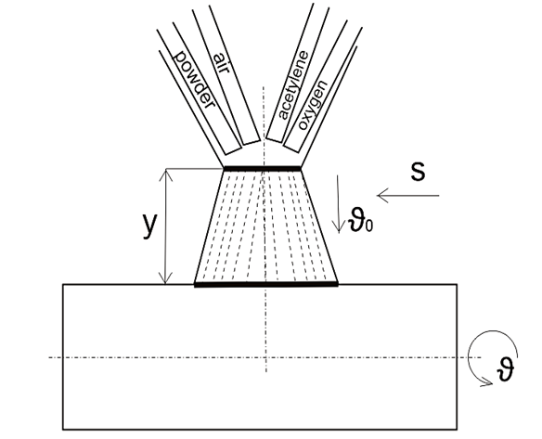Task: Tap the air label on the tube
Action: pyautogui.click(x=221, y=62)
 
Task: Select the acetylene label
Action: pyautogui.click(x=292, y=85)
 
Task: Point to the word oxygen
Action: pyautogui.click(x=312, y=105)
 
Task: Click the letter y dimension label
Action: pyautogui.click(x=149, y=226)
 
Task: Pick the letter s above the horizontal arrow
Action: pyautogui.click(x=418, y=171)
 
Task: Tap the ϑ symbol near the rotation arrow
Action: pyautogui.click(x=506, y=369)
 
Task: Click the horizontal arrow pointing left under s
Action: pyautogui.click(x=407, y=196)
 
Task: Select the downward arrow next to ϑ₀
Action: pyautogui.click(x=338, y=204)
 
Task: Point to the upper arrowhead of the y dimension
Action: pyautogui.click(x=167, y=174)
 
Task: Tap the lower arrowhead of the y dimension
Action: pyautogui.click(x=167, y=278)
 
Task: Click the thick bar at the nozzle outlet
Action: pyautogui.click(x=263, y=168)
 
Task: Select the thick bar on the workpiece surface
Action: pyautogui.click(x=266, y=285)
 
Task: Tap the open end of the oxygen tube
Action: pyautogui.click(x=291, y=148)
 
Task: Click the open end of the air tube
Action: pyautogui.click(x=251, y=142)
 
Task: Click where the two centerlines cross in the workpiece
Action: pyautogui.click(x=265, y=357)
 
